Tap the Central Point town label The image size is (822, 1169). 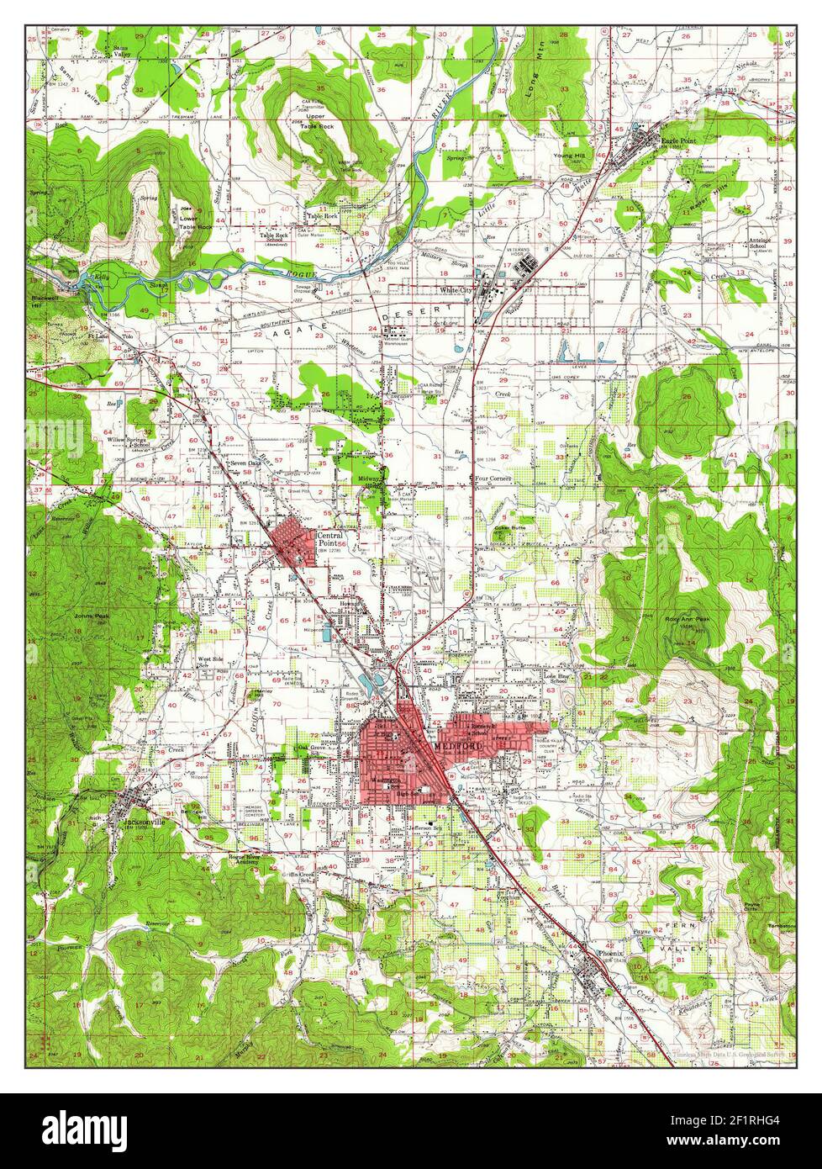328,538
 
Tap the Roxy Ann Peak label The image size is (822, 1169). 688,620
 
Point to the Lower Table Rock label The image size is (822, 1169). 195,221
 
